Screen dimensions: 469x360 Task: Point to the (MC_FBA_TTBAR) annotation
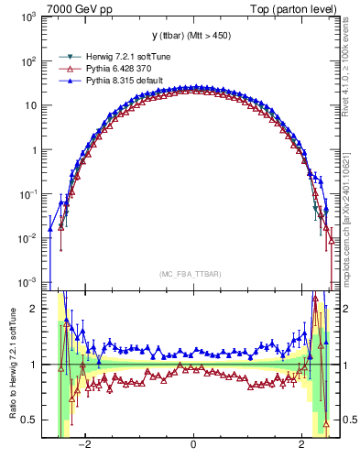pyautogui.click(x=192, y=273)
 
